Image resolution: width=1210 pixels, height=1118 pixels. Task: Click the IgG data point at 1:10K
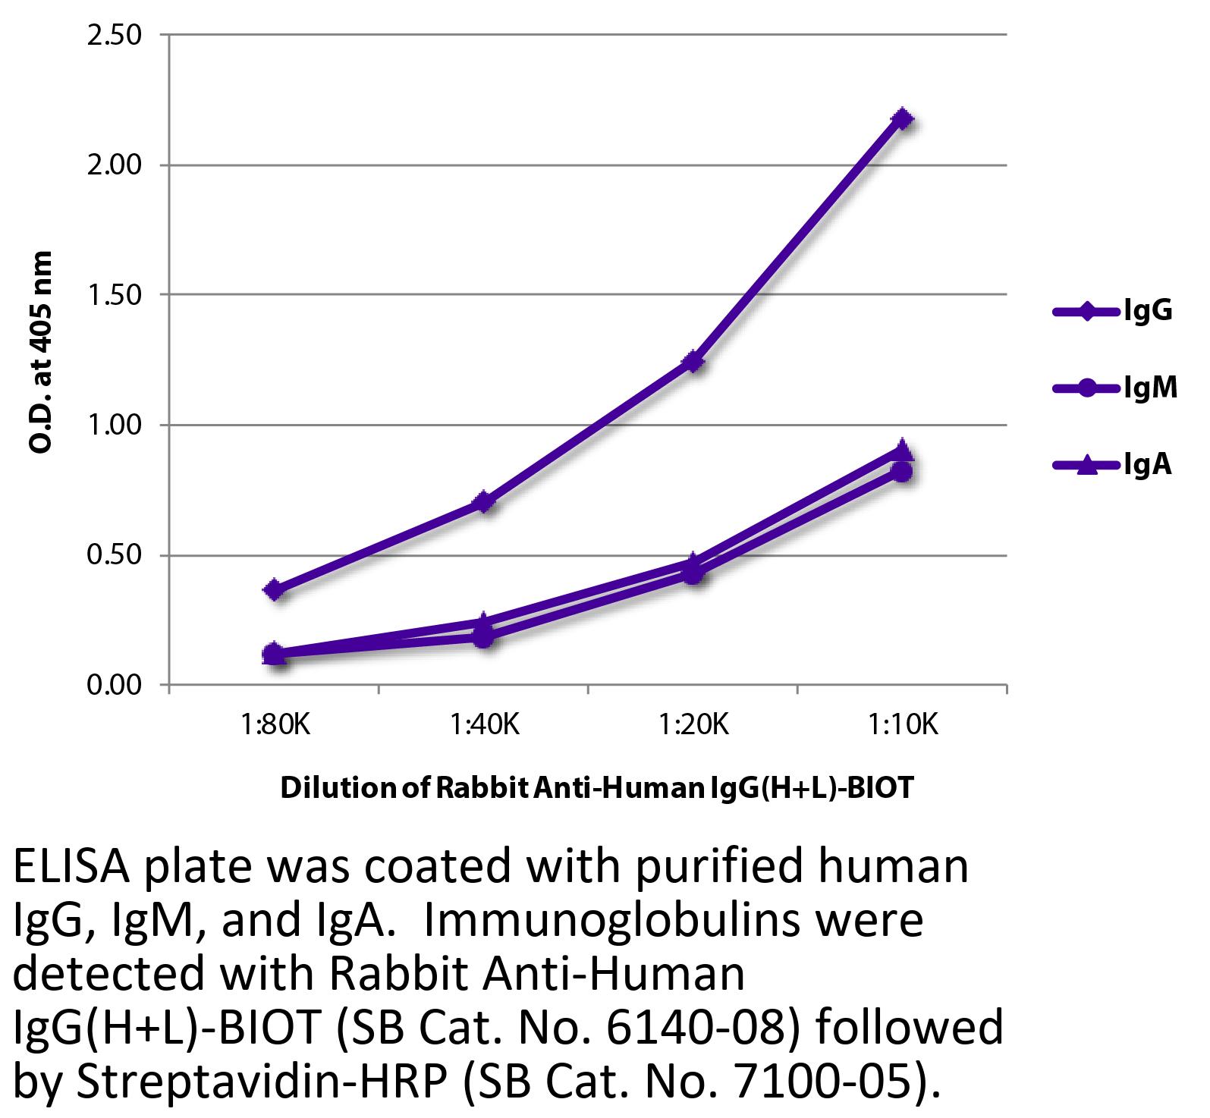tap(902, 118)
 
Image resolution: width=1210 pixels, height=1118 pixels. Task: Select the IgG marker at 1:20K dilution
tap(693, 361)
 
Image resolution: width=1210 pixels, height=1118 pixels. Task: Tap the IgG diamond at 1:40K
tap(484, 502)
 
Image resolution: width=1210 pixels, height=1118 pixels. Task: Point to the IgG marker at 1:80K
tap(275, 589)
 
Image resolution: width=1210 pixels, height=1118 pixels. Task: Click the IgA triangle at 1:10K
tap(902, 449)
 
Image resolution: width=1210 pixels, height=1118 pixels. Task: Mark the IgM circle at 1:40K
tap(484, 637)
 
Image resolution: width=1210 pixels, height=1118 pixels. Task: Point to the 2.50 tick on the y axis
tap(115, 35)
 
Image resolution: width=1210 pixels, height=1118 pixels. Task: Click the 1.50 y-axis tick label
tap(115, 294)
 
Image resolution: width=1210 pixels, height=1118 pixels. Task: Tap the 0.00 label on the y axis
tap(115, 685)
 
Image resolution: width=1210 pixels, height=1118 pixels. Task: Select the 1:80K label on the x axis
tap(275, 726)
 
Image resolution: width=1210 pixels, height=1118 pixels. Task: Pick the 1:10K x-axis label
tap(903, 726)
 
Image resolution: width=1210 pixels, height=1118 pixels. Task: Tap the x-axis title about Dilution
tap(597, 788)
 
